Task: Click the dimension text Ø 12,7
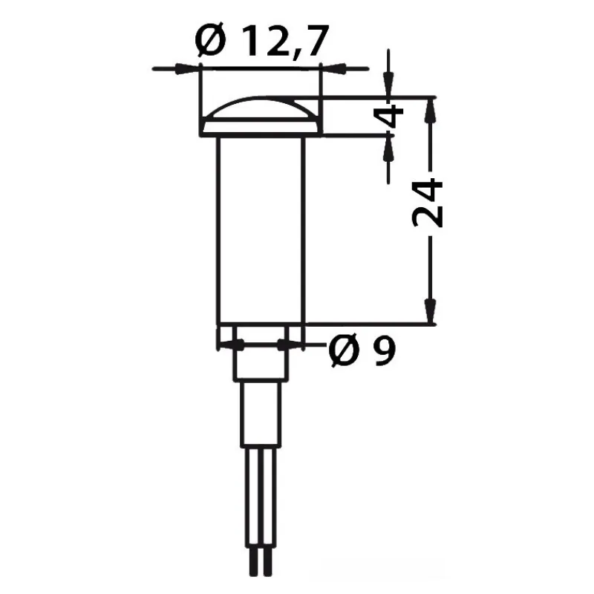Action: (261, 40)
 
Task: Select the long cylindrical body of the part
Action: (261, 230)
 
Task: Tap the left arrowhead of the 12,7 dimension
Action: (187, 69)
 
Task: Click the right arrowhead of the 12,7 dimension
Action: (333, 69)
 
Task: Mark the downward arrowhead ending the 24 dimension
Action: (430, 311)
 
